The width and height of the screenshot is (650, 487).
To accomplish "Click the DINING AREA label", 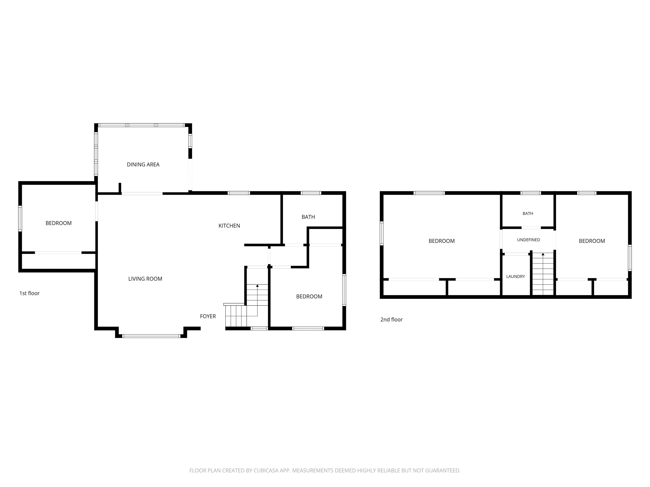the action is [x=143, y=165].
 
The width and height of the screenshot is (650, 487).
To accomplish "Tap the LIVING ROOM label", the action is [x=145, y=279].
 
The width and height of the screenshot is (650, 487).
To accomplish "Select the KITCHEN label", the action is [x=229, y=226].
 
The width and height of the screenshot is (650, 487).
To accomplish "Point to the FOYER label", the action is [x=208, y=316].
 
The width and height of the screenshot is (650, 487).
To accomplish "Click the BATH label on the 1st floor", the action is [x=308, y=217].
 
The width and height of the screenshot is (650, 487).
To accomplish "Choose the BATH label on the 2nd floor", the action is [x=528, y=213].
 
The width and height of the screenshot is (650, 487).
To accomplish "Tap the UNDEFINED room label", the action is [x=528, y=240].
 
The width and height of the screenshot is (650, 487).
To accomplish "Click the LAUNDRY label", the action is [x=515, y=276].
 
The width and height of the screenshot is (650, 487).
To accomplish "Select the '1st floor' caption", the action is [x=29, y=293].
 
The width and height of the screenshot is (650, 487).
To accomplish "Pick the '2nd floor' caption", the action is [x=391, y=320].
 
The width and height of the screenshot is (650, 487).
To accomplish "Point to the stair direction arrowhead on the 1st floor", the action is [x=258, y=286].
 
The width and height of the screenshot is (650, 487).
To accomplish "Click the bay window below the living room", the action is [x=151, y=336].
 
